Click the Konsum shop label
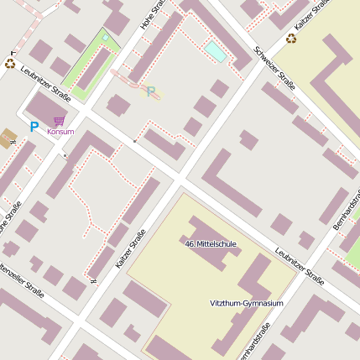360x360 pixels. (x=60, y=132)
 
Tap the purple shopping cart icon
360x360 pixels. (x=59, y=122)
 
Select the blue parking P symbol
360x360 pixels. (x=34, y=128)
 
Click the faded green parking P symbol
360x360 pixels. (x=151, y=91)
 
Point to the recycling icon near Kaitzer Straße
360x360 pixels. (x=291, y=38)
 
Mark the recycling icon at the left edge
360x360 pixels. (x=10, y=63)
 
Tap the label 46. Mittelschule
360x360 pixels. (x=211, y=244)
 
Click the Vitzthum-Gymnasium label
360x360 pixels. (x=246, y=303)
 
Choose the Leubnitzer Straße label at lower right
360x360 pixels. (x=299, y=266)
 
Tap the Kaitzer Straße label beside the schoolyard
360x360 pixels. (x=130, y=249)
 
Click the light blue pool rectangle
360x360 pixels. (x=215, y=52)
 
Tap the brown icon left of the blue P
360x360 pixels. (x=9, y=136)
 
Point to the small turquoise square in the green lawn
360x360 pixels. (x=104, y=38)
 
